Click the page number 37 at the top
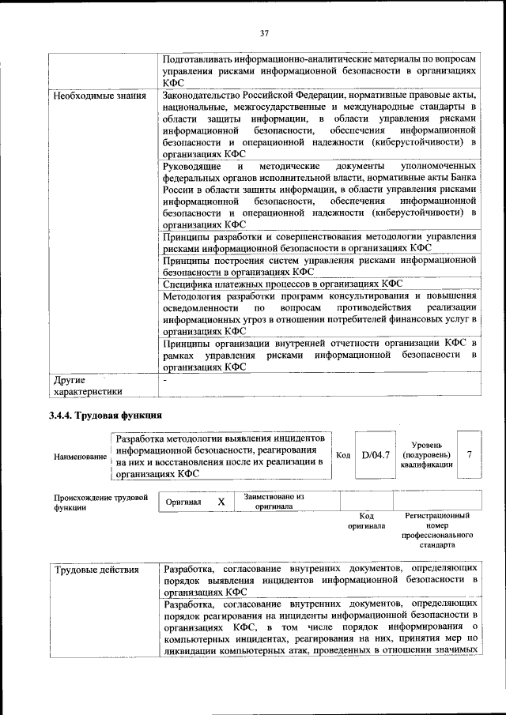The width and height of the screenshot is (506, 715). click(264, 32)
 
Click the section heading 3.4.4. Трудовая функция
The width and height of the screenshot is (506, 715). click(105, 415)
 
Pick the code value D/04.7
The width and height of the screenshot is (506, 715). click(376, 455)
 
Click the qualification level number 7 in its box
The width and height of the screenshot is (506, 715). click(470, 455)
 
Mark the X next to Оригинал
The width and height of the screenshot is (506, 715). click(221, 502)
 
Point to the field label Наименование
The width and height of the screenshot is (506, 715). click(80, 457)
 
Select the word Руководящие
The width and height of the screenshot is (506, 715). click(192, 167)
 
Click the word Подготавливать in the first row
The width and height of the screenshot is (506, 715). click(203, 60)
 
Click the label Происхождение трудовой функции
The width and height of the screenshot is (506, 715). click(100, 502)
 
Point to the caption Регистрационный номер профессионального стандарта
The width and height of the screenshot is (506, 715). click(436, 530)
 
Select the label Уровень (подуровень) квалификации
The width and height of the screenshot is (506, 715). click(426, 455)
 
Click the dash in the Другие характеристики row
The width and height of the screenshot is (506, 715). click(164, 380)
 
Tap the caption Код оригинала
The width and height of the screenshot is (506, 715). click(366, 520)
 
